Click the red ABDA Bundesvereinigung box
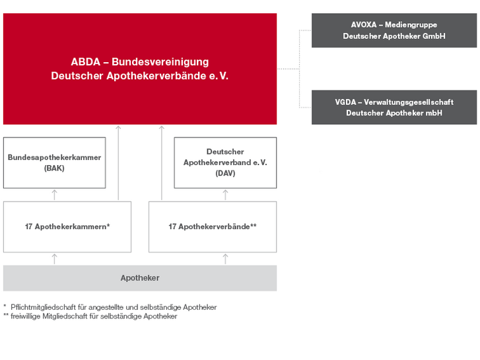pyautogui.click(x=140, y=69)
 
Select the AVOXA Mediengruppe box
pyautogui.click(x=394, y=30)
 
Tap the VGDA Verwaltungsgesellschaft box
pyautogui.click(x=394, y=107)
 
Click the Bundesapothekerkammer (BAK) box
pyautogui.click(x=55, y=162)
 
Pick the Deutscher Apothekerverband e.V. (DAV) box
pyautogui.click(x=225, y=162)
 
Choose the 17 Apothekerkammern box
pyautogui.click(x=67, y=227)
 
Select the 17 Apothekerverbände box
pyautogui.click(x=213, y=227)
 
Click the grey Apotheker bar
pyautogui.click(x=140, y=278)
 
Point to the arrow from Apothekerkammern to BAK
pyautogui.click(x=55, y=195)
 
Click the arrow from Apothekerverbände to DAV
pyautogui.click(x=225, y=195)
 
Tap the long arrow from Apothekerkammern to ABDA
pyautogui.click(x=118, y=163)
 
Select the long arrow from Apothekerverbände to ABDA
pyautogui.click(x=162, y=163)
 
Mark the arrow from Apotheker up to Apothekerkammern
pyautogui.click(x=55, y=259)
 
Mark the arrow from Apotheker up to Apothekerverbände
pyautogui.click(x=225, y=259)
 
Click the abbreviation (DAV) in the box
pyautogui.click(x=225, y=174)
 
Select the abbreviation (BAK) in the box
pyautogui.click(x=54, y=168)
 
